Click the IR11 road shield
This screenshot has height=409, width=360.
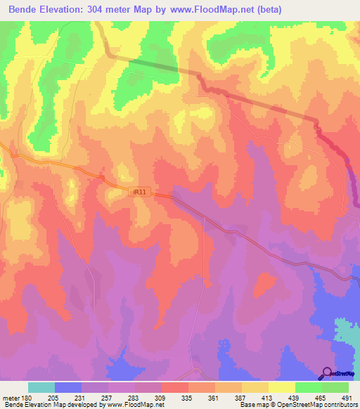141,190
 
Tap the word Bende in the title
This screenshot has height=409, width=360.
23,10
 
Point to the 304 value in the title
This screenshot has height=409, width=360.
113,10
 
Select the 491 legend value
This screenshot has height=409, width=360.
347,397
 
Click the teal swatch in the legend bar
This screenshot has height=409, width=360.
41,387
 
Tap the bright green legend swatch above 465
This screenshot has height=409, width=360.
309,387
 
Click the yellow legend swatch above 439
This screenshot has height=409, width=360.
282,387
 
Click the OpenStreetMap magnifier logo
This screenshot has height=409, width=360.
328,373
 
